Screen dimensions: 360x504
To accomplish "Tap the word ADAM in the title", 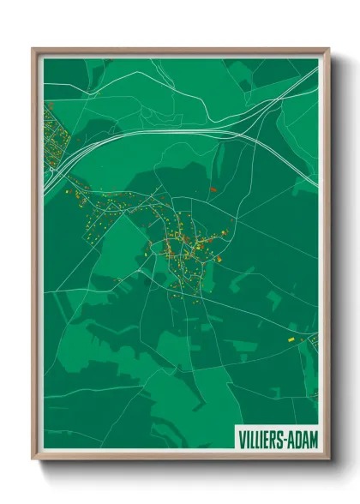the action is click(303, 439).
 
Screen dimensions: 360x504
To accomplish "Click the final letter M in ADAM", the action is click(314, 439).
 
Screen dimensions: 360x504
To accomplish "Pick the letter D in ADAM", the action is click(300, 439).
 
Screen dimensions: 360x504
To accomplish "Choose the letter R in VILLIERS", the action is click(274, 439).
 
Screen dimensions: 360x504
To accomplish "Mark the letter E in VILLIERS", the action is click(267, 439).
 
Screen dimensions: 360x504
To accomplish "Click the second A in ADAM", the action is click(307, 439).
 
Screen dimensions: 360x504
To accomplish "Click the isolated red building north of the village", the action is click(213, 189).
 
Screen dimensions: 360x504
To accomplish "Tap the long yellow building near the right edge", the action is click(290, 340).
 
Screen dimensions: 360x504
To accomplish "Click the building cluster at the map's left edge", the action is click(51, 137).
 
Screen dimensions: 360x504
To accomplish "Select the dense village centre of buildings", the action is click(184, 249).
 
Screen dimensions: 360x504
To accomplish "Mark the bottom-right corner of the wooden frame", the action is click(328, 459).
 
